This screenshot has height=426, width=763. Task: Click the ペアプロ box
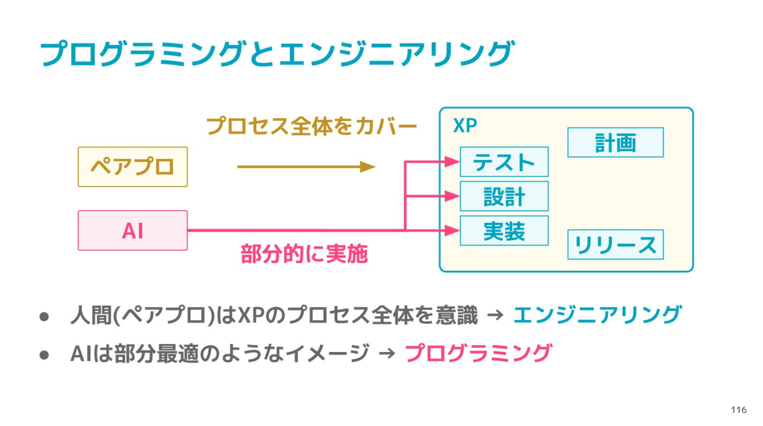point(133,167)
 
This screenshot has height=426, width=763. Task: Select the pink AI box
point(133,230)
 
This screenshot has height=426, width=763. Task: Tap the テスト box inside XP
point(504,162)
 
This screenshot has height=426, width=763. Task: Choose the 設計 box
point(504,197)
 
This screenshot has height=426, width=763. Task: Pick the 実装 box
point(504,231)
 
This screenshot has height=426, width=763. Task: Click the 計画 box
point(616,142)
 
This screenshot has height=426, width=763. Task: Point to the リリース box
point(616,245)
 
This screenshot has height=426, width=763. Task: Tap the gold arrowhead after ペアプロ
point(368,167)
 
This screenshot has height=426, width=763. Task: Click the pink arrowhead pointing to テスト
point(452,162)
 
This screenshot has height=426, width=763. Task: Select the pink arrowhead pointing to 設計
point(452,196)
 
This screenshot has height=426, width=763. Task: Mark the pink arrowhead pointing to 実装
point(452,230)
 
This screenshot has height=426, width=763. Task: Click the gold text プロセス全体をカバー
point(312,126)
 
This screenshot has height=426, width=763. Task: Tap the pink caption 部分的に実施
point(304,254)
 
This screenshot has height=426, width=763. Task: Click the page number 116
point(739,410)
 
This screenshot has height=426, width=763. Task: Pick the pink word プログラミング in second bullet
point(478,353)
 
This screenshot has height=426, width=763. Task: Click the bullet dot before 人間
point(44,317)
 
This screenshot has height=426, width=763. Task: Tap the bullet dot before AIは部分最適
point(44,355)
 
